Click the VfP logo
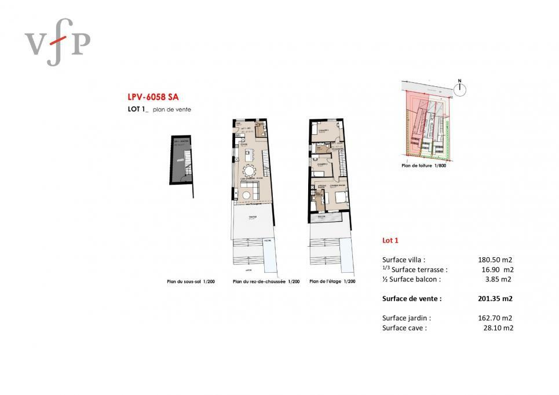[x=57, y=41]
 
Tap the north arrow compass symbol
[x=461, y=89]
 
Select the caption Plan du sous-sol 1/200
[x=191, y=281]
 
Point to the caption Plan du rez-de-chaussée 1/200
[x=266, y=281]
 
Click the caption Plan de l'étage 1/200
[x=333, y=281]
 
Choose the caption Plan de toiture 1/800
[x=423, y=165]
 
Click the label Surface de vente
[x=412, y=299]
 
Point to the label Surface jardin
[x=407, y=318]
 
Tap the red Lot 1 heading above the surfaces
[x=390, y=240]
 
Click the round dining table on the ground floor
[x=250, y=171]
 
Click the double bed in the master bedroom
[x=339, y=197]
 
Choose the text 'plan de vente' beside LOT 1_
[x=176, y=109]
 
